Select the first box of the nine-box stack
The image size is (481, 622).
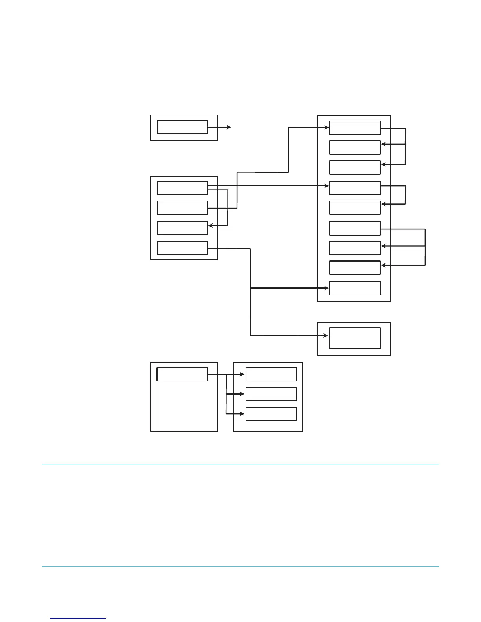355,128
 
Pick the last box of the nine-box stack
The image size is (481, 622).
355,288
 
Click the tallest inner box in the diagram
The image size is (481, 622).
355,338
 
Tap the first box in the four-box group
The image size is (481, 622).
182,188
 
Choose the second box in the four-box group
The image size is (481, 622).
182,208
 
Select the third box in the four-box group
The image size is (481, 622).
182,228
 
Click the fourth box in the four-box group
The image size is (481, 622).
182,248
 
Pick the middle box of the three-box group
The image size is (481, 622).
271,394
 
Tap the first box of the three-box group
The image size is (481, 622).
271,374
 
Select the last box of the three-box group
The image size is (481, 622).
271,414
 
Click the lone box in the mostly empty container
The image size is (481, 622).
182,374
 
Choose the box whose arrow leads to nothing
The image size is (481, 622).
182,127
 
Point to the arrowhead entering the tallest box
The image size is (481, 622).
326,335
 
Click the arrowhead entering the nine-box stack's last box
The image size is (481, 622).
327,288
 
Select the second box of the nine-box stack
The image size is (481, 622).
355,147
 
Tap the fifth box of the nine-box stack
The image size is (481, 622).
355,208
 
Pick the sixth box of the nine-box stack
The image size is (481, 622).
355,228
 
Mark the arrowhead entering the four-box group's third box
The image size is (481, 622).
211,225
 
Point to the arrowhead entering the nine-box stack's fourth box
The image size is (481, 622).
327,186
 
